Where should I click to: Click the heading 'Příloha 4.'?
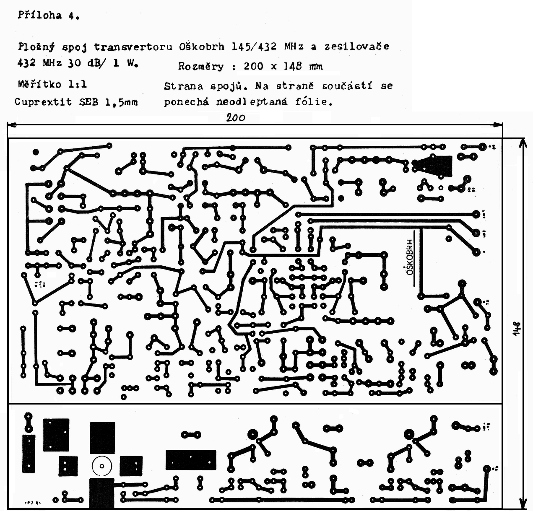(x=49, y=16)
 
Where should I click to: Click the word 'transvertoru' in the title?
(x=133, y=47)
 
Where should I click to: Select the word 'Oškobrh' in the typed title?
(x=202, y=47)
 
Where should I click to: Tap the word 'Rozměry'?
(x=201, y=66)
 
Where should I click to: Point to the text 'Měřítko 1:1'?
(x=52, y=84)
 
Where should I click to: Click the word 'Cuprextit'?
(x=43, y=102)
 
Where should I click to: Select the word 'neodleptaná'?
(x=252, y=102)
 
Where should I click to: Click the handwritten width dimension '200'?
(x=236, y=118)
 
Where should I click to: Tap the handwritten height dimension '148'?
(x=516, y=329)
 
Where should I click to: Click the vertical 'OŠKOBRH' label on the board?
(x=410, y=257)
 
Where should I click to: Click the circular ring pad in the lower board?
(x=101, y=466)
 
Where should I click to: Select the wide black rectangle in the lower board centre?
(x=191, y=460)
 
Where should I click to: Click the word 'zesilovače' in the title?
(x=356, y=47)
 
